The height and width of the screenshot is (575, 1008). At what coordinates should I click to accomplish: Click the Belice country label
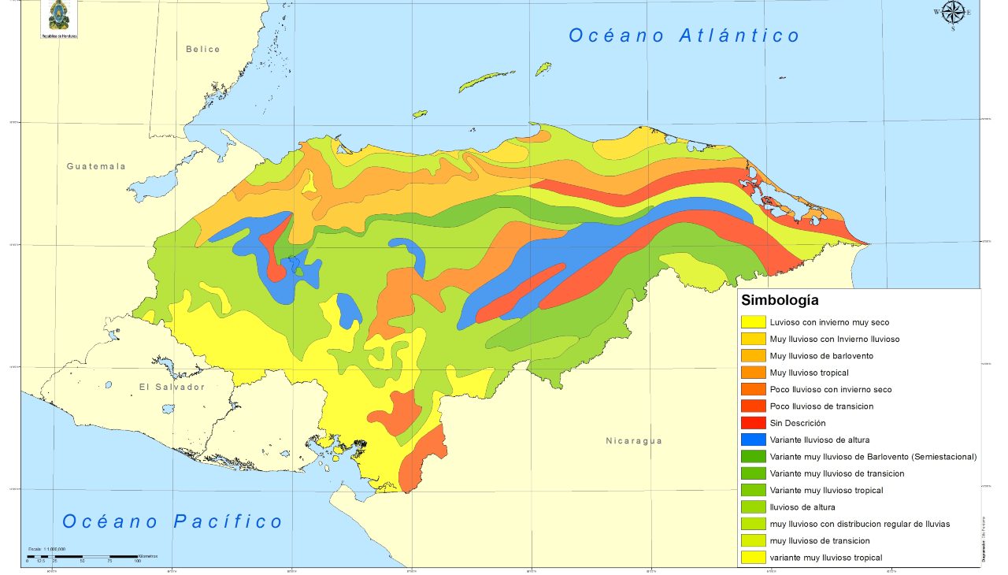203,49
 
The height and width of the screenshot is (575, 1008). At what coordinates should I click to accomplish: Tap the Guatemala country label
96,166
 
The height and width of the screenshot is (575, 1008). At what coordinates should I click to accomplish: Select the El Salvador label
172,387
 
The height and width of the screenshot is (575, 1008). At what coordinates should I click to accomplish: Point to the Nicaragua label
634,440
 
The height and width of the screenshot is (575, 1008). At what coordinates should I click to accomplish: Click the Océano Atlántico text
684,35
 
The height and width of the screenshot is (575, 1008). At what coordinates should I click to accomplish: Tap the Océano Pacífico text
172,521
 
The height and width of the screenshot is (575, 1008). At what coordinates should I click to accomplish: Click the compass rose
953,12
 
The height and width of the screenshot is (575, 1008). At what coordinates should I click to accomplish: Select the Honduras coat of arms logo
59,17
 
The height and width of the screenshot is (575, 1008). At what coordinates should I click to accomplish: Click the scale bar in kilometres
83,557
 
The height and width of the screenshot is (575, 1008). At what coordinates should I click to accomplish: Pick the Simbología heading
780,300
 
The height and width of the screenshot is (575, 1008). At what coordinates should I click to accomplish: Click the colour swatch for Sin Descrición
754,423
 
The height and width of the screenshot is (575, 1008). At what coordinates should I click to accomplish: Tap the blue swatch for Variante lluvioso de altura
754,440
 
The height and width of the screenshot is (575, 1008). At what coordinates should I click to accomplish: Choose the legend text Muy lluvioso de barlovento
821,356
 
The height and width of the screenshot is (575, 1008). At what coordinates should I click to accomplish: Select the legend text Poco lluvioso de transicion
821,406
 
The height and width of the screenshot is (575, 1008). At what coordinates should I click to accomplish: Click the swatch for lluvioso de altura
754,507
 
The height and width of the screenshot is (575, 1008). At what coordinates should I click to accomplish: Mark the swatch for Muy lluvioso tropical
754,373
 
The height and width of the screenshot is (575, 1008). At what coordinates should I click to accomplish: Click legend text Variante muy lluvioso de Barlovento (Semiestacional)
873,457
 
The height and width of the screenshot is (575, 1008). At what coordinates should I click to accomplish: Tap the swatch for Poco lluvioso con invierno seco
754,390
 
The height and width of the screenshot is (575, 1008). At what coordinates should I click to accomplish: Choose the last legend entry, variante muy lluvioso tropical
825,558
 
